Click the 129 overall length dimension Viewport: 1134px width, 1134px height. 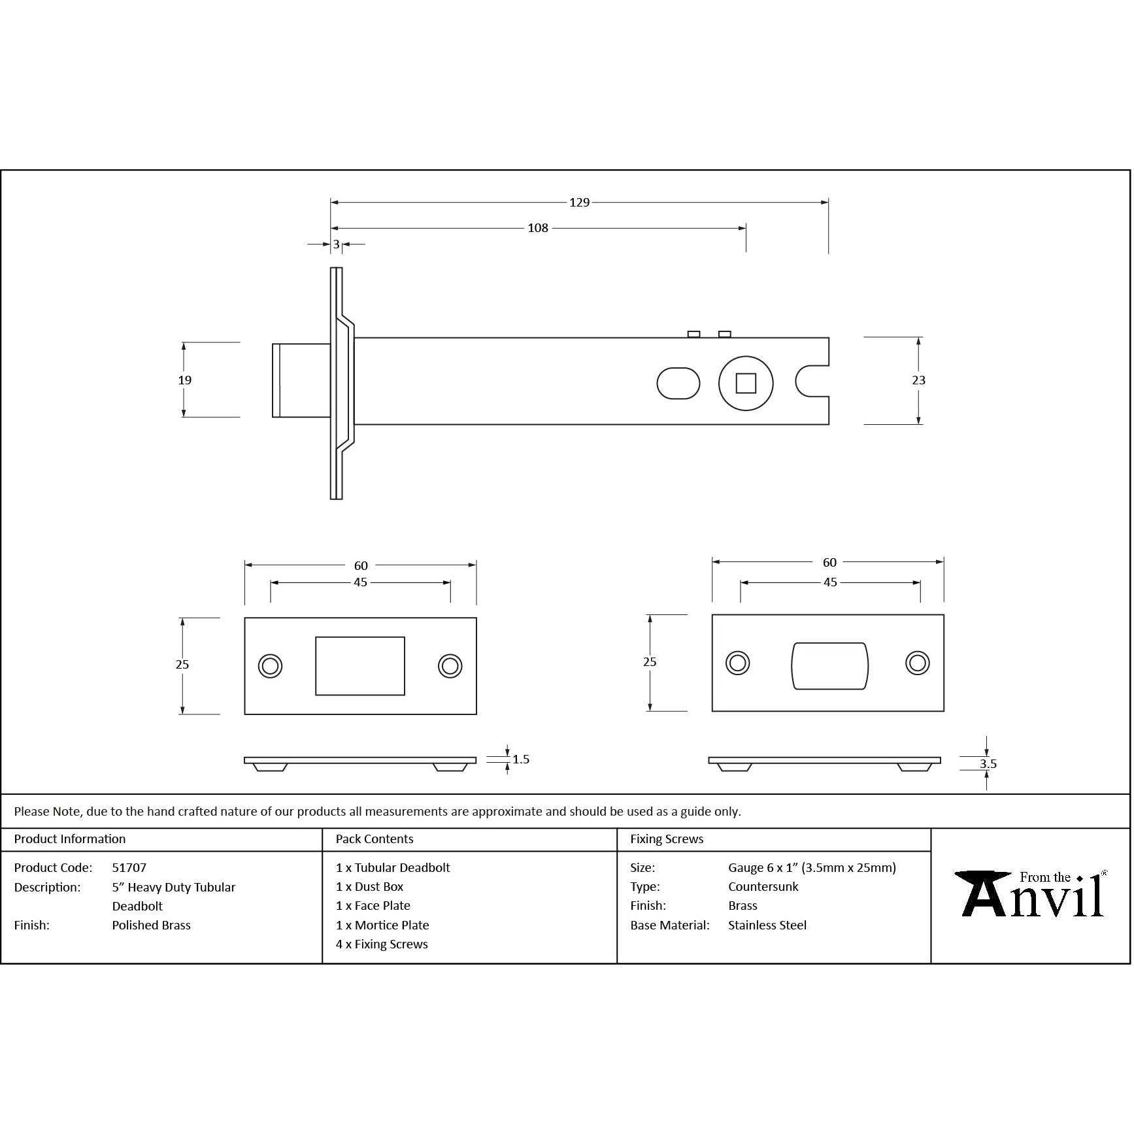(579, 203)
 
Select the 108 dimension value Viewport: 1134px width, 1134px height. (538, 228)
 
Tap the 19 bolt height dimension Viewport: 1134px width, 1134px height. (185, 380)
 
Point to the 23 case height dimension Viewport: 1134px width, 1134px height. (918, 380)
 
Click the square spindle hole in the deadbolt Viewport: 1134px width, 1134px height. (746, 383)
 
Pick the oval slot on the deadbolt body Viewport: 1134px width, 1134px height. (678, 383)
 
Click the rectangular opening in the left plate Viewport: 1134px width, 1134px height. (360, 666)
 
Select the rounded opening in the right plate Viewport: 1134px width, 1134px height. (829, 666)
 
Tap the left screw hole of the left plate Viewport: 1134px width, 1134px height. (270, 667)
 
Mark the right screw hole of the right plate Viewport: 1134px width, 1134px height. (917, 663)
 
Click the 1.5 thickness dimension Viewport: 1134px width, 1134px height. (521, 759)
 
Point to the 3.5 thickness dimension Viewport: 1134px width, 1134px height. (988, 764)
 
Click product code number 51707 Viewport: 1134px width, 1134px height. (129, 868)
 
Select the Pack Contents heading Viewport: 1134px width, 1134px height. (375, 839)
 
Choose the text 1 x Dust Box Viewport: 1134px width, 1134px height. (370, 887)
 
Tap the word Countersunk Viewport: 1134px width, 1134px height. (763, 887)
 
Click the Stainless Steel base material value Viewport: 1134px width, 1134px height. (767, 926)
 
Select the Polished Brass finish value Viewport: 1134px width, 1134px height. (151, 926)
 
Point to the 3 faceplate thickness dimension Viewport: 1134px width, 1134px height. (337, 244)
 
